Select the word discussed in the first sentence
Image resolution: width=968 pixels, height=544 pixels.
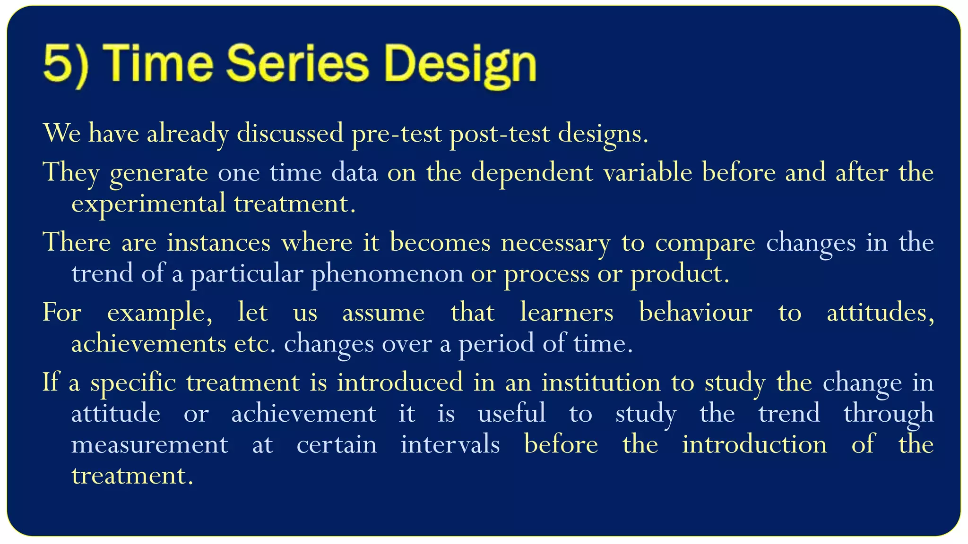pyautogui.click(x=290, y=133)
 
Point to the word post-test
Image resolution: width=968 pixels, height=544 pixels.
pyautogui.click(x=500, y=134)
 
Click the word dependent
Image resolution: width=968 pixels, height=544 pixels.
pyautogui.click(x=532, y=172)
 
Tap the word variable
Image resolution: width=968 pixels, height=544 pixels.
pyautogui.click(x=648, y=171)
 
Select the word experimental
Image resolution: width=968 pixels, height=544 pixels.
pyautogui.click(x=148, y=204)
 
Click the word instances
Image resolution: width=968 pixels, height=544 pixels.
pyautogui.click(x=218, y=242)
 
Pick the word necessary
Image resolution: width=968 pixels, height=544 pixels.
pyautogui.click(x=555, y=243)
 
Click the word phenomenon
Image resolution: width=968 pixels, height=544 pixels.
pyautogui.click(x=387, y=274)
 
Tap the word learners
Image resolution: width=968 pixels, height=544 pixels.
pyautogui.click(x=566, y=313)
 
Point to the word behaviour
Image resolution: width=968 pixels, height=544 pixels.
pyautogui.click(x=695, y=313)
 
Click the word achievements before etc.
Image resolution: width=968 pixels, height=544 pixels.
pyautogui.click(x=148, y=343)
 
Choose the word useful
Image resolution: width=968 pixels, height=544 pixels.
pyautogui.click(x=511, y=413)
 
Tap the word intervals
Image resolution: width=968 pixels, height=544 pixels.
pyautogui.click(x=450, y=444)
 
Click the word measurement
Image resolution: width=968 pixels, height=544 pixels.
pyautogui.click(x=150, y=445)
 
